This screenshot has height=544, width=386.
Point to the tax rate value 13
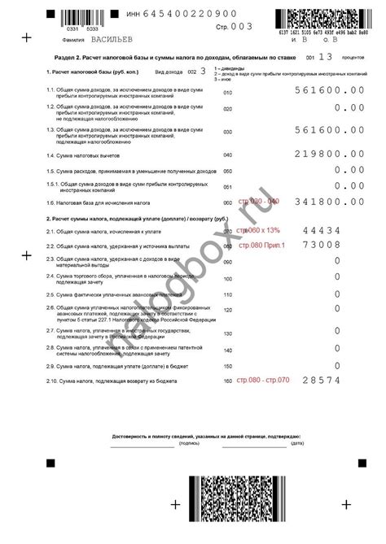[x=326, y=58]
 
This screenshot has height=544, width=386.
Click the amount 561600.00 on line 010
[x=329, y=92]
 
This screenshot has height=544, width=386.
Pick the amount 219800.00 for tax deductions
[x=329, y=154]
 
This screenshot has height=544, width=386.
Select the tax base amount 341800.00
[x=329, y=202]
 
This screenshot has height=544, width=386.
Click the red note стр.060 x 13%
[x=257, y=231]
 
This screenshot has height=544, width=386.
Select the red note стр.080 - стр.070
[x=264, y=380]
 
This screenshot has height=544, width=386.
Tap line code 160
[x=227, y=380]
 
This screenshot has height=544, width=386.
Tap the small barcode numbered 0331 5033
[x=62, y=17]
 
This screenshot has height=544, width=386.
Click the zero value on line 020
[x=337, y=108]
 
